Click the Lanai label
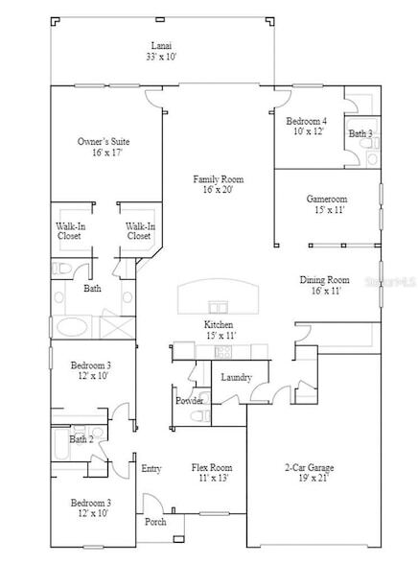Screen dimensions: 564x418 point(161,45)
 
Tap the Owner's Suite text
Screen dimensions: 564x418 point(104,142)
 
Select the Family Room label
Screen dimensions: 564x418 point(218,179)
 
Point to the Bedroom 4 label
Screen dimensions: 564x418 point(306,121)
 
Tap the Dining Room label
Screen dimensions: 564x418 point(325,279)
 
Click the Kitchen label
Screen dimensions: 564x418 point(220,325)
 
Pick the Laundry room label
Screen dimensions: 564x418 point(236,377)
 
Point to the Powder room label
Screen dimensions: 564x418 point(189,401)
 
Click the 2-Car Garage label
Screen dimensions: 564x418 point(309,467)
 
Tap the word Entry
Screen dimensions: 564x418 point(151,468)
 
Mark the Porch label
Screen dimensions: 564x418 point(156,522)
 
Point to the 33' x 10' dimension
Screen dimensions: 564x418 point(161,57)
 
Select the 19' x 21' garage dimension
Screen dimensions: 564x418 point(309,478)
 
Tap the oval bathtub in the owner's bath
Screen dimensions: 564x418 point(71,326)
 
